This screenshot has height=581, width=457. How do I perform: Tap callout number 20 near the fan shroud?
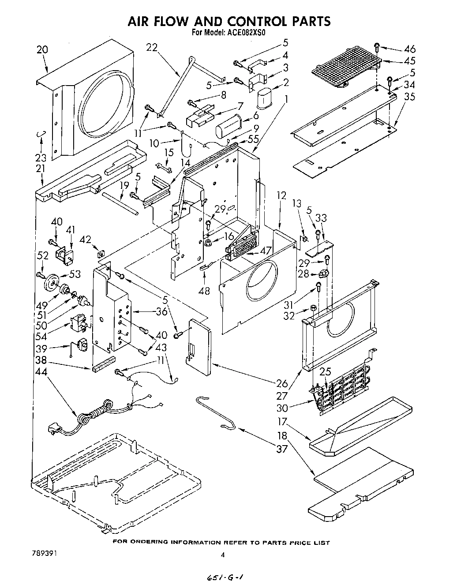(42, 50)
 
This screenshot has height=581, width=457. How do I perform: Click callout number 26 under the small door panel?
(281, 382)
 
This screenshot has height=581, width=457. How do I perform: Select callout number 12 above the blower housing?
(281, 195)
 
